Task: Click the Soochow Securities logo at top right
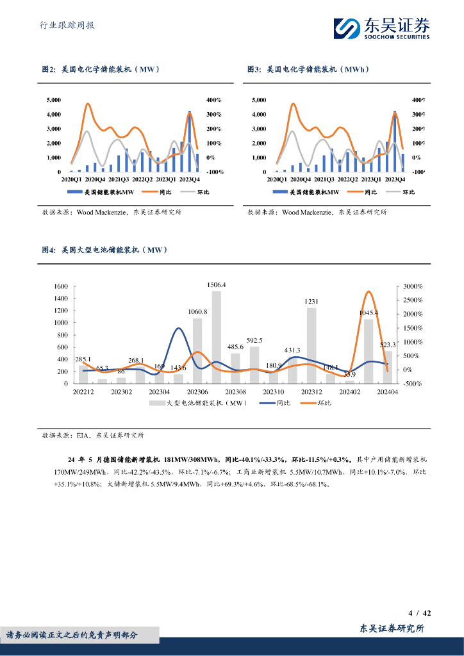(x=381, y=27)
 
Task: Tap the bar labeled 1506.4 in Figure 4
(x=217, y=337)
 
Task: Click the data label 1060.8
(x=197, y=311)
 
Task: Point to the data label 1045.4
(x=368, y=313)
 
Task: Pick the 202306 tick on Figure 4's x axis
(x=197, y=391)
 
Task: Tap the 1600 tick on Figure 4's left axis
(x=61, y=286)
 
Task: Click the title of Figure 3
(x=308, y=69)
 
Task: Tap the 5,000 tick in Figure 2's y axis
(x=54, y=100)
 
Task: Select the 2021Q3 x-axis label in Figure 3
(x=324, y=180)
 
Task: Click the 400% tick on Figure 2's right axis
(x=214, y=100)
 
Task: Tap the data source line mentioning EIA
(x=93, y=435)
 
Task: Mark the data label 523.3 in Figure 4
(x=387, y=345)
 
